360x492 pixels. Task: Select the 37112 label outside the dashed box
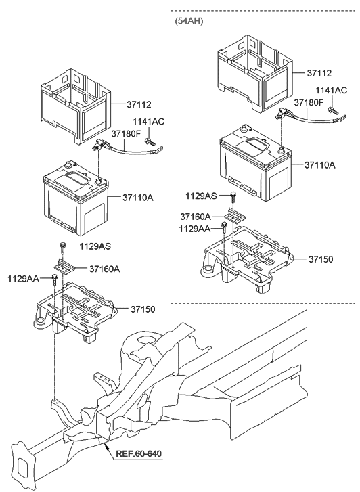coord(138,104)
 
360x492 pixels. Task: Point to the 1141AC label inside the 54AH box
coord(332,90)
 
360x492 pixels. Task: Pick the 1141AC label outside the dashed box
coord(148,121)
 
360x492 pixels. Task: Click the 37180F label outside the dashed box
coord(127,133)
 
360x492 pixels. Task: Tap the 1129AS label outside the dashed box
coord(95,247)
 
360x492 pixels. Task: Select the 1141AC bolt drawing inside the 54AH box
coord(332,108)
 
